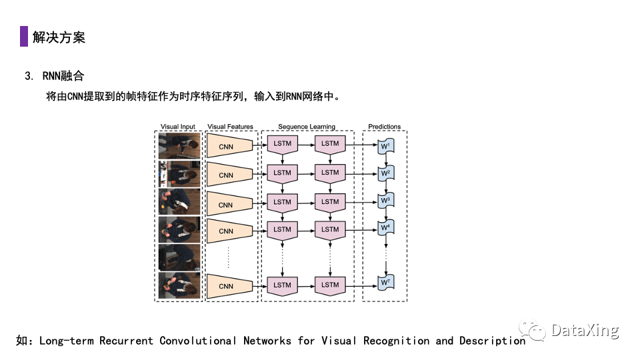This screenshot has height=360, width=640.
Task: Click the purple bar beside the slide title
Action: click(24, 36)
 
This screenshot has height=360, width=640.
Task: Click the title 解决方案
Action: click(59, 37)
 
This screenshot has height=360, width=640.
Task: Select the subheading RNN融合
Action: click(63, 76)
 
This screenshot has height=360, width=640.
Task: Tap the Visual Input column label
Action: click(177, 127)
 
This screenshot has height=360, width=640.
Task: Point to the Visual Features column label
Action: click(230, 127)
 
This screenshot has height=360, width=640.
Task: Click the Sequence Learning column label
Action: click(307, 127)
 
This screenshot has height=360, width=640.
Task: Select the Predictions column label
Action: click(385, 127)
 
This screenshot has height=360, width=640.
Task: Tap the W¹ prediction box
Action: click(386, 146)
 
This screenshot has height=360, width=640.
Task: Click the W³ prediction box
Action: click(386, 201)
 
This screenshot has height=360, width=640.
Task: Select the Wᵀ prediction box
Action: click(386, 283)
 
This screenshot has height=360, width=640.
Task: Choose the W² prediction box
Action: click(386, 173)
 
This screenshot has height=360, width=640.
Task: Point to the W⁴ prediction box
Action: click(386, 227)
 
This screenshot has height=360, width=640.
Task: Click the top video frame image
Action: click(179, 146)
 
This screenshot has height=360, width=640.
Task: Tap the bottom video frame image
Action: click(179, 286)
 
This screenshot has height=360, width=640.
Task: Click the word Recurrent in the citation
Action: click(126, 341)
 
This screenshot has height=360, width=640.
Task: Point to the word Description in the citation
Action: click(492, 341)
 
